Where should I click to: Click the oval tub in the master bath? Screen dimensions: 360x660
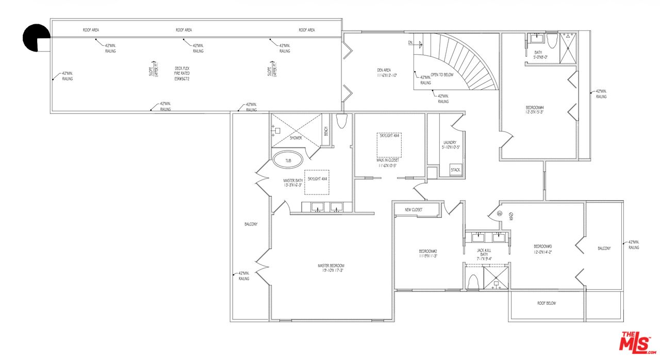pyautogui.click(x=288, y=160)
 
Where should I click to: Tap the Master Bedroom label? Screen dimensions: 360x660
pyautogui.click(x=331, y=268)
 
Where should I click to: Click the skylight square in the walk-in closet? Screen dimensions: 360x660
pyautogui.click(x=389, y=144)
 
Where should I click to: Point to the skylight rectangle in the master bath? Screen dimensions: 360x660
pyautogui.click(x=317, y=182)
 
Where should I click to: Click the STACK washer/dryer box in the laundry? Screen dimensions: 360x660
pyautogui.click(x=455, y=170)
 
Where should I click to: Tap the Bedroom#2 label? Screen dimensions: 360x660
pyautogui.click(x=428, y=253)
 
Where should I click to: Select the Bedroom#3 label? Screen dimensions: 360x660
pyautogui.click(x=542, y=249)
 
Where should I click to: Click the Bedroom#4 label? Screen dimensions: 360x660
pyautogui.click(x=534, y=110)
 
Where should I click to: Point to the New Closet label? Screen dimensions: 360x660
pyautogui.click(x=414, y=210)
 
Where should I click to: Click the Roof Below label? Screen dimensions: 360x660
pyautogui.click(x=547, y=303)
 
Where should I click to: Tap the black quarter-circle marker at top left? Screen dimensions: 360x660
pyautogui.click(x=36, y=38)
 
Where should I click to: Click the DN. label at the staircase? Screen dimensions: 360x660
pyautogui.click(x=410, y=42)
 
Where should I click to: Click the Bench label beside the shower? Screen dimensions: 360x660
pyautogui.click(x=325, y=132)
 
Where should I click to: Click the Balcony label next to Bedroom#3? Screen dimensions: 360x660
pyautogui.click(x=604, y=249)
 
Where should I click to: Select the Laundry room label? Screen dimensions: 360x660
pyautogui.click(x=450, y=145)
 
